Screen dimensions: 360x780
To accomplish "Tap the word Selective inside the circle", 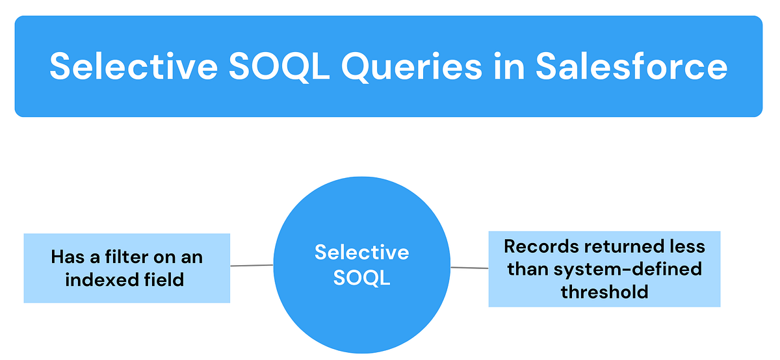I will coord(361,252).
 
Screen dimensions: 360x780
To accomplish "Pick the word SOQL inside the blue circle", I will coord(361,277).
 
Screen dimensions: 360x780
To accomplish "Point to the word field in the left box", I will coord(165,280).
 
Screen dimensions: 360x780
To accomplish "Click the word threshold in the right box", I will coord(604,292).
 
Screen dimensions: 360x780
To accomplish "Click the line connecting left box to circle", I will coord(252,265).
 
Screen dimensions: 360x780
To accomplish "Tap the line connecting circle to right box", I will coord(469,267).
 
